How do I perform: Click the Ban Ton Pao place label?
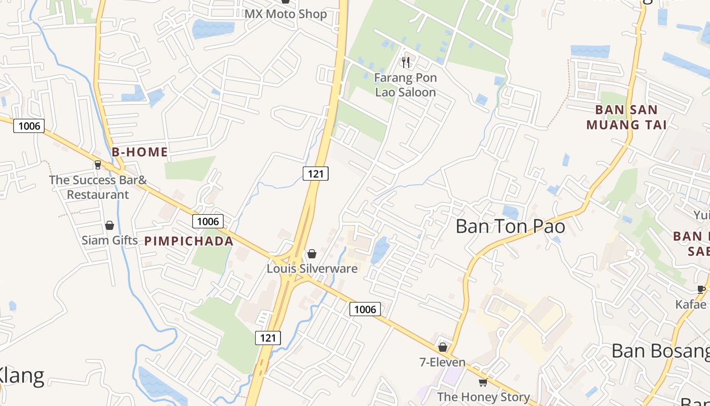pyautogui.click(x=510, y=226)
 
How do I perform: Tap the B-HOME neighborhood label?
pyautogui.click(x=140, y=152)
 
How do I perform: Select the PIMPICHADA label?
pyautogui.click(x=189, y=241)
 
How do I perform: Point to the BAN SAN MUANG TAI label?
pyautogui.click(x=626, y=117)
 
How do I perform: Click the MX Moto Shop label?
pyautogui.click(x=286, y=14)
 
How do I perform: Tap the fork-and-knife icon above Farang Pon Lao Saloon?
pyautogui.click(x=405, y=62)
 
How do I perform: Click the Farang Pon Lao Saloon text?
pyautogui.click(x=405, y=85)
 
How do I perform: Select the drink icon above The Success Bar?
pyautogui.click(x=98, y=164)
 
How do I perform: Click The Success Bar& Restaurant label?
pyautogui.click(x=98, y=187)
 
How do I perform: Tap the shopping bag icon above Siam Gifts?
pyautogui.click(x=110, y=225)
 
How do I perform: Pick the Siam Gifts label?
pyautogui.click(x=110, y=240)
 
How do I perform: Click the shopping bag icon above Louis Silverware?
pyautogui.click(x=312, y=253)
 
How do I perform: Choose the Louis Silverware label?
pyautogui.click(x=312, y=268)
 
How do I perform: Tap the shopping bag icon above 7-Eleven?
pyautogui.click(x=443, y=347)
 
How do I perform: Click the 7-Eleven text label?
pyautogui.click(x=443, y=362)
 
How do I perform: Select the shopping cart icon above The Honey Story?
pyautogui.click(x=483, y=382)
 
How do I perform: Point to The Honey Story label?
pyautogui.click(x=483, y=397)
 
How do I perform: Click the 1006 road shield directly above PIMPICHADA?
pyautogui.click(x=208, y=221)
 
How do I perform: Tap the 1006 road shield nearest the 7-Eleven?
pyautogui.click(x=365, y=309)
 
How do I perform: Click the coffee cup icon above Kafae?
pyautogui.click(x=701, y=290)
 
